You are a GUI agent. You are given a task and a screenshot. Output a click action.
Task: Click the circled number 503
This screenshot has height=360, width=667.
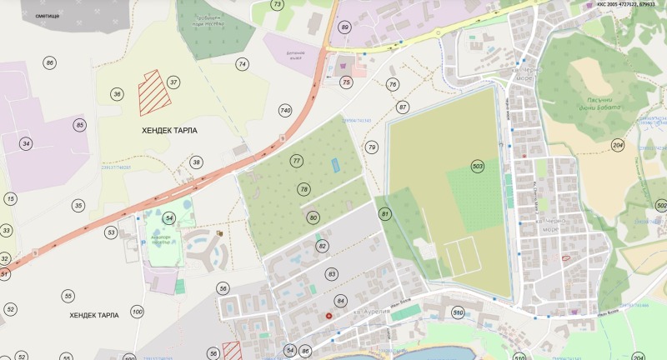click(x=478, y=166)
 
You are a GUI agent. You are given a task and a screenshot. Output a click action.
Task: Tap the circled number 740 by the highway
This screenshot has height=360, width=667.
click(x=285, y=111)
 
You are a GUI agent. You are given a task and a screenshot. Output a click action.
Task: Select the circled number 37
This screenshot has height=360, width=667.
click(x=173, y=82)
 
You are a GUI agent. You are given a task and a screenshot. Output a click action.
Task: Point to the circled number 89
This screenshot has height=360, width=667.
click(x=344, y=27)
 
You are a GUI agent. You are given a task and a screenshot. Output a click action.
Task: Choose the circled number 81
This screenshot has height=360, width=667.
click(x=385, y=213)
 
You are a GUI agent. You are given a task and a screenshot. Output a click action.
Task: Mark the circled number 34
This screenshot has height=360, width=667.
click(x=27, y=144)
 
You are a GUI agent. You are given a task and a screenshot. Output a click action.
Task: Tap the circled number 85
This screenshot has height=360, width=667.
click(x=80, y=125)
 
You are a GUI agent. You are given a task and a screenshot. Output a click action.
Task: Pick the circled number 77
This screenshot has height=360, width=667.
click(x=296, y=160)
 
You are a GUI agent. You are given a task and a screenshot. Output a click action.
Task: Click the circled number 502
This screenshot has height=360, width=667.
click(x=661, y=205)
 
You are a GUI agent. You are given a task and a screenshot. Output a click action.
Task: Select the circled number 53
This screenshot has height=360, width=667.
click(x=111, y=232)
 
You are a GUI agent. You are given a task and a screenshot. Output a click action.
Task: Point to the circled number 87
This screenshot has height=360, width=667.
click(x=404, y=107)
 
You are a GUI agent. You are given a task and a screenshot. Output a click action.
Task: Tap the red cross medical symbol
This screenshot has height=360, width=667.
click(x=338, y=315)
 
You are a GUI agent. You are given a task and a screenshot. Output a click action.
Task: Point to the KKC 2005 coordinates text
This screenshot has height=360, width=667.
click(x=625, y=4)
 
